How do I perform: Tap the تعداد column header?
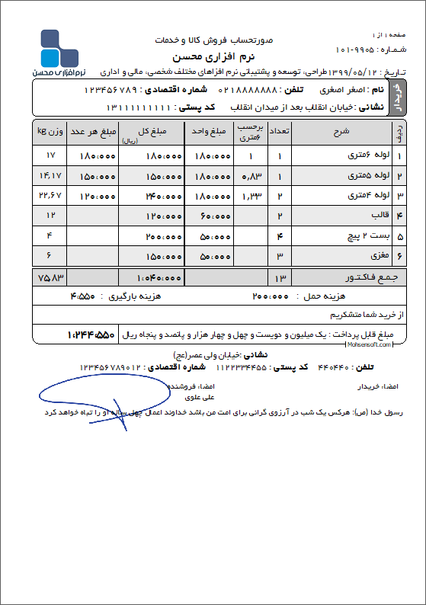tap(280, 132)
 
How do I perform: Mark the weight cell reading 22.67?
tap(50, 196)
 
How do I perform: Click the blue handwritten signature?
tap(84, 400)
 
